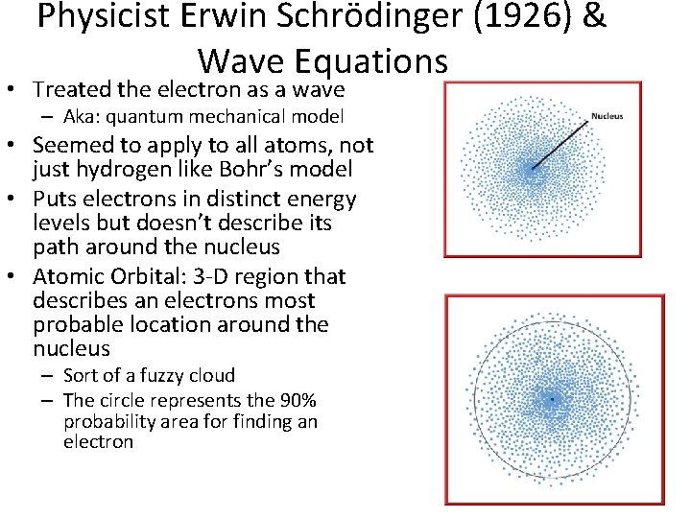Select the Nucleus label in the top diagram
pos(607,116)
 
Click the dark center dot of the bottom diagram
pos(552,397)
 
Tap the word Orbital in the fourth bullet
pos(148,277)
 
